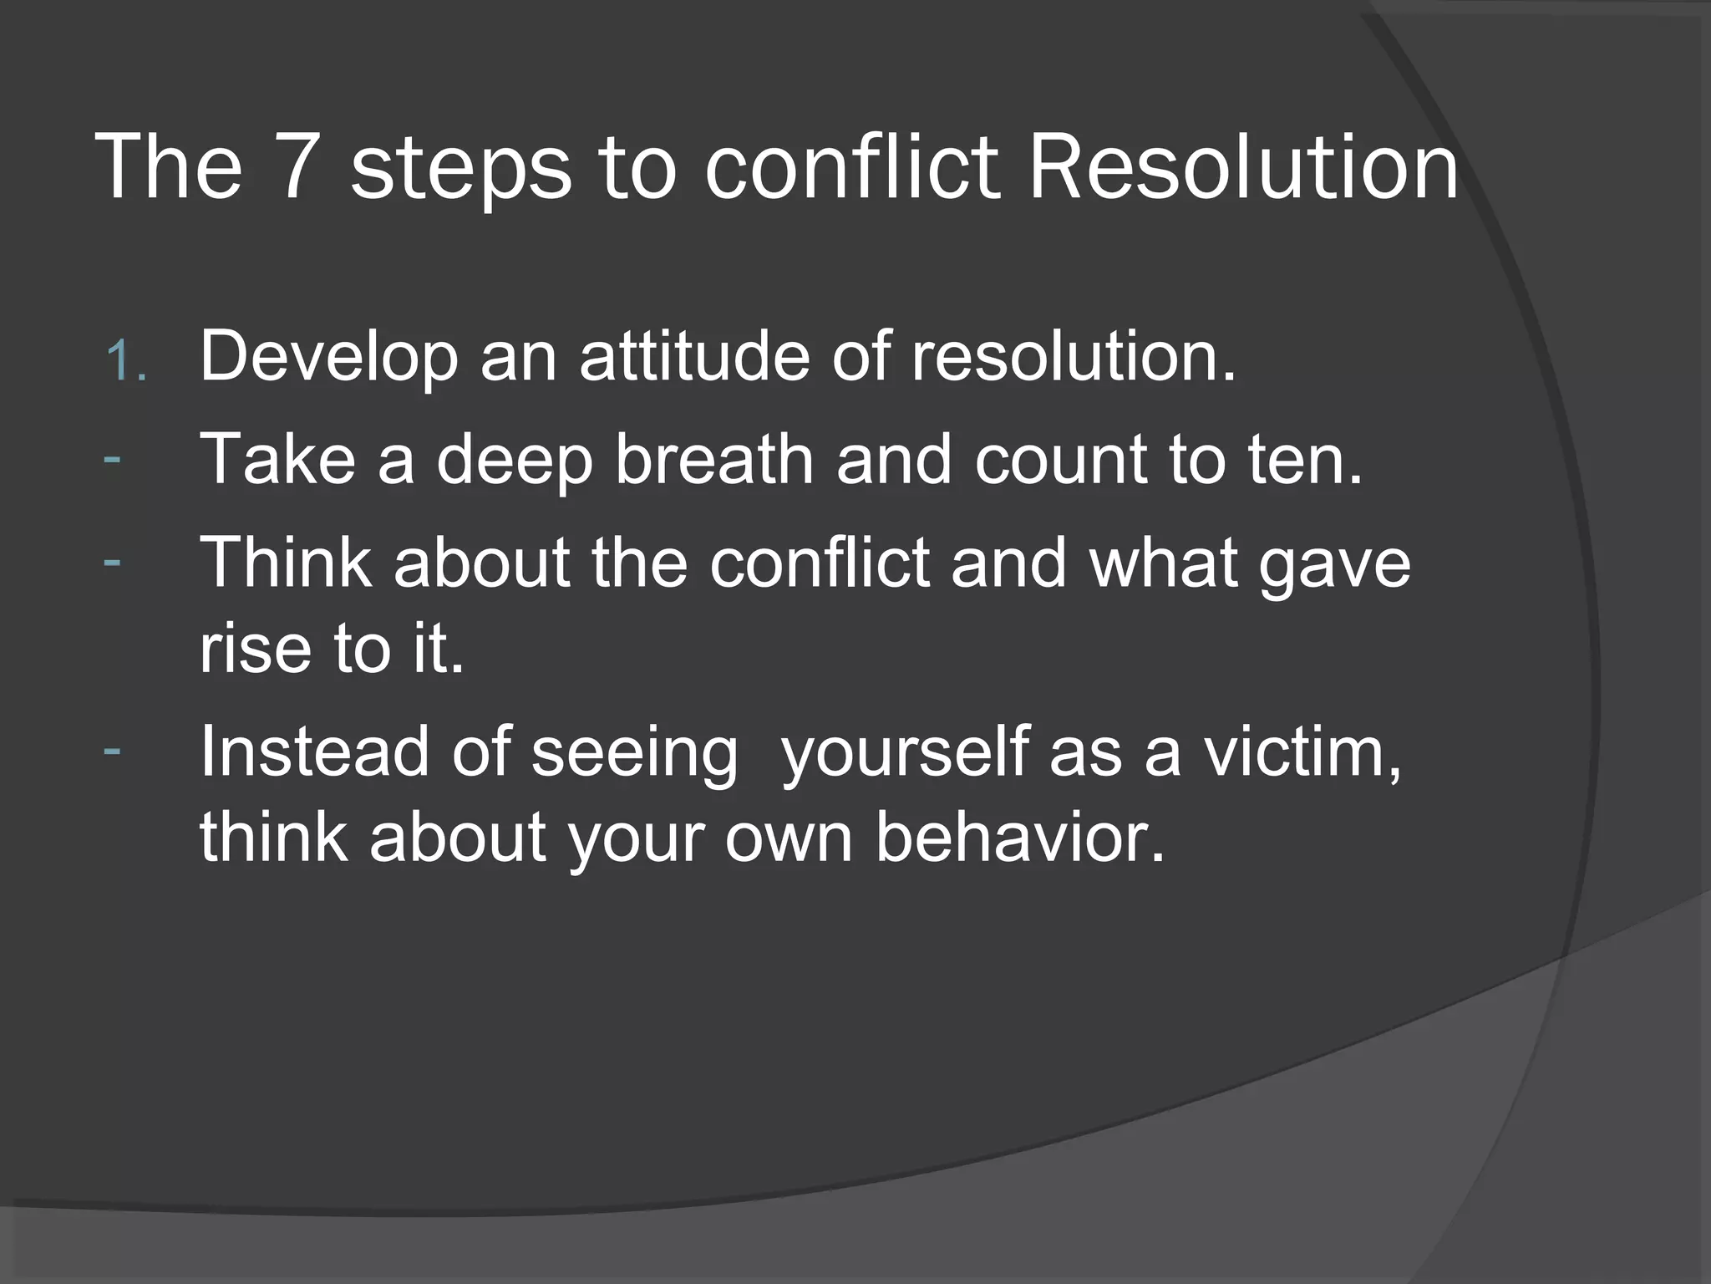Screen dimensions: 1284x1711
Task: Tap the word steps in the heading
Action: (460, 171)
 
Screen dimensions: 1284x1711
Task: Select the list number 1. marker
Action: (126, 362)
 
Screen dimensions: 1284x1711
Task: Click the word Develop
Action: (328, 358)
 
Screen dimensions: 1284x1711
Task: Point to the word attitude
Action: (694, 356)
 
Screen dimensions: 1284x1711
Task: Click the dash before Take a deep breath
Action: (112, 458)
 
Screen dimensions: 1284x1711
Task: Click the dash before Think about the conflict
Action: (112, 560)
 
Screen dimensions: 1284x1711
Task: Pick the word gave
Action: (1334, 564)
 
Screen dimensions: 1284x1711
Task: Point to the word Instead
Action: (314, 752)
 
